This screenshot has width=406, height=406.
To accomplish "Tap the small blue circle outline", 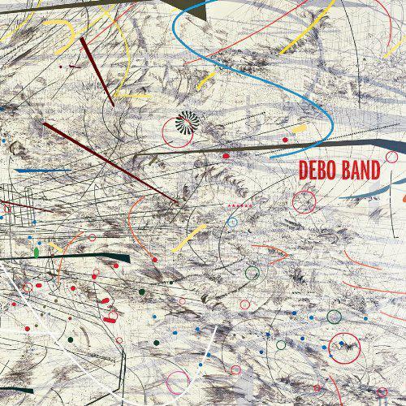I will click(233, 220).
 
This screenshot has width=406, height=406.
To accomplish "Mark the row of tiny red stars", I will click(243, 206).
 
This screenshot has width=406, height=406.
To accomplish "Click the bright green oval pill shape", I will click(37, 253).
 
